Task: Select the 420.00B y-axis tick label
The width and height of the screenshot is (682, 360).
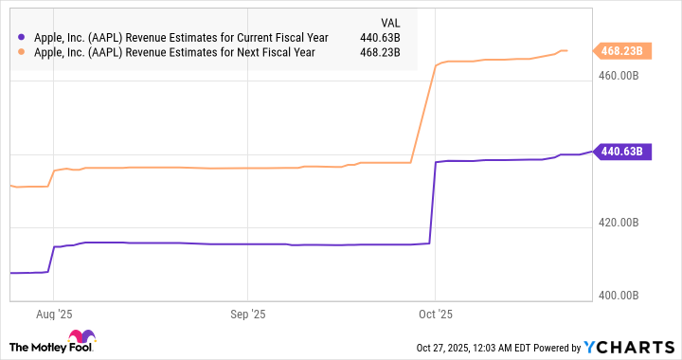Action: (619, 223)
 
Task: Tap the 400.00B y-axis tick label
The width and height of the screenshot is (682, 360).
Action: (619, 296)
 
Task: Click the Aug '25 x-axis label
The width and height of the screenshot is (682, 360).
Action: (58, 311)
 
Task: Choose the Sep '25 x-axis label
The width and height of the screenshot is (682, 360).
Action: (246, 311)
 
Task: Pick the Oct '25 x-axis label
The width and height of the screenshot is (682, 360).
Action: (435, 311)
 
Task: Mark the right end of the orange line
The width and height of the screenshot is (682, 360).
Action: (566, 50)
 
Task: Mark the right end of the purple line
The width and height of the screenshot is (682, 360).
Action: (591, 151)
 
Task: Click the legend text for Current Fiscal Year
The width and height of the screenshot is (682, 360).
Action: (179, 38)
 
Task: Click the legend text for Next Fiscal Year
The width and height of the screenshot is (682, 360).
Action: (173, 53)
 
